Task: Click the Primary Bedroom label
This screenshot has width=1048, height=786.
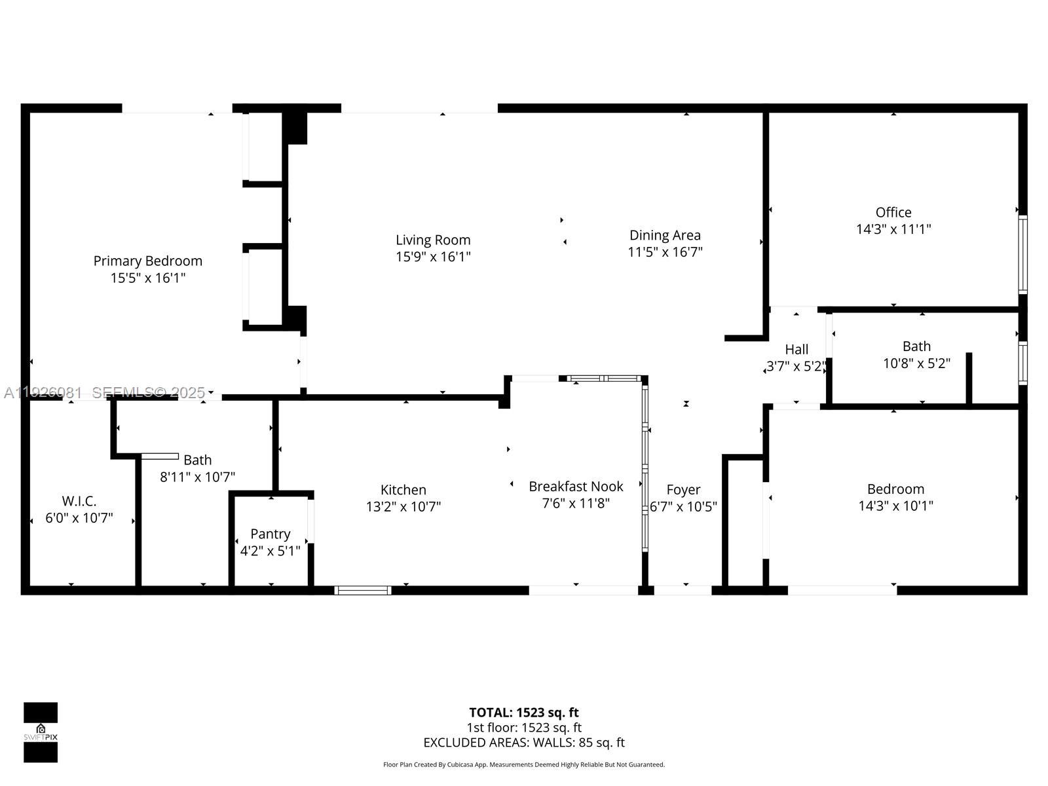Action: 147,261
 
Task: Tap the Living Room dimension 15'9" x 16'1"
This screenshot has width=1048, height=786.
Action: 433,257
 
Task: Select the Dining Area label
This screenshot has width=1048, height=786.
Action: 665,235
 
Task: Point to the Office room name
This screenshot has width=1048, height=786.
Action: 893,212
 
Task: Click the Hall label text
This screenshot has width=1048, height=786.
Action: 796,350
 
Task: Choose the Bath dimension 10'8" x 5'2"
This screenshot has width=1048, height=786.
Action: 916,364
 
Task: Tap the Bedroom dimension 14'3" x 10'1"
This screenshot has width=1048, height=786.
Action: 895,506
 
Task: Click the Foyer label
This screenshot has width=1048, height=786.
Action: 683,490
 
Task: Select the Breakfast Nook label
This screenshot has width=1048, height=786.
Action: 576,487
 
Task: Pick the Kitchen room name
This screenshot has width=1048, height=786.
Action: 403,490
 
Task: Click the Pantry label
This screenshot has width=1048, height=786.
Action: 270,534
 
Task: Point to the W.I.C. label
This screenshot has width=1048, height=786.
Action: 79,501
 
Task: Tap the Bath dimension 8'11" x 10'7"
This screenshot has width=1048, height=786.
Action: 197,477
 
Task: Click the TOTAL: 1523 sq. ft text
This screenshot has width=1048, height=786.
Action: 524,713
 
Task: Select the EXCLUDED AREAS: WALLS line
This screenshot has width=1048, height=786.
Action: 524,743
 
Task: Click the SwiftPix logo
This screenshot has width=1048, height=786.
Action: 41,732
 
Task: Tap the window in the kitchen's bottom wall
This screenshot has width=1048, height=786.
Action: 363,590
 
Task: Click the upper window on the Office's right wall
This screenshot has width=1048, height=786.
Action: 1022,253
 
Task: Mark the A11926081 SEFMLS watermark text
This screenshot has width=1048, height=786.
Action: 105,392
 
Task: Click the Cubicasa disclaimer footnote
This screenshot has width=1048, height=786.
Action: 524,764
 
